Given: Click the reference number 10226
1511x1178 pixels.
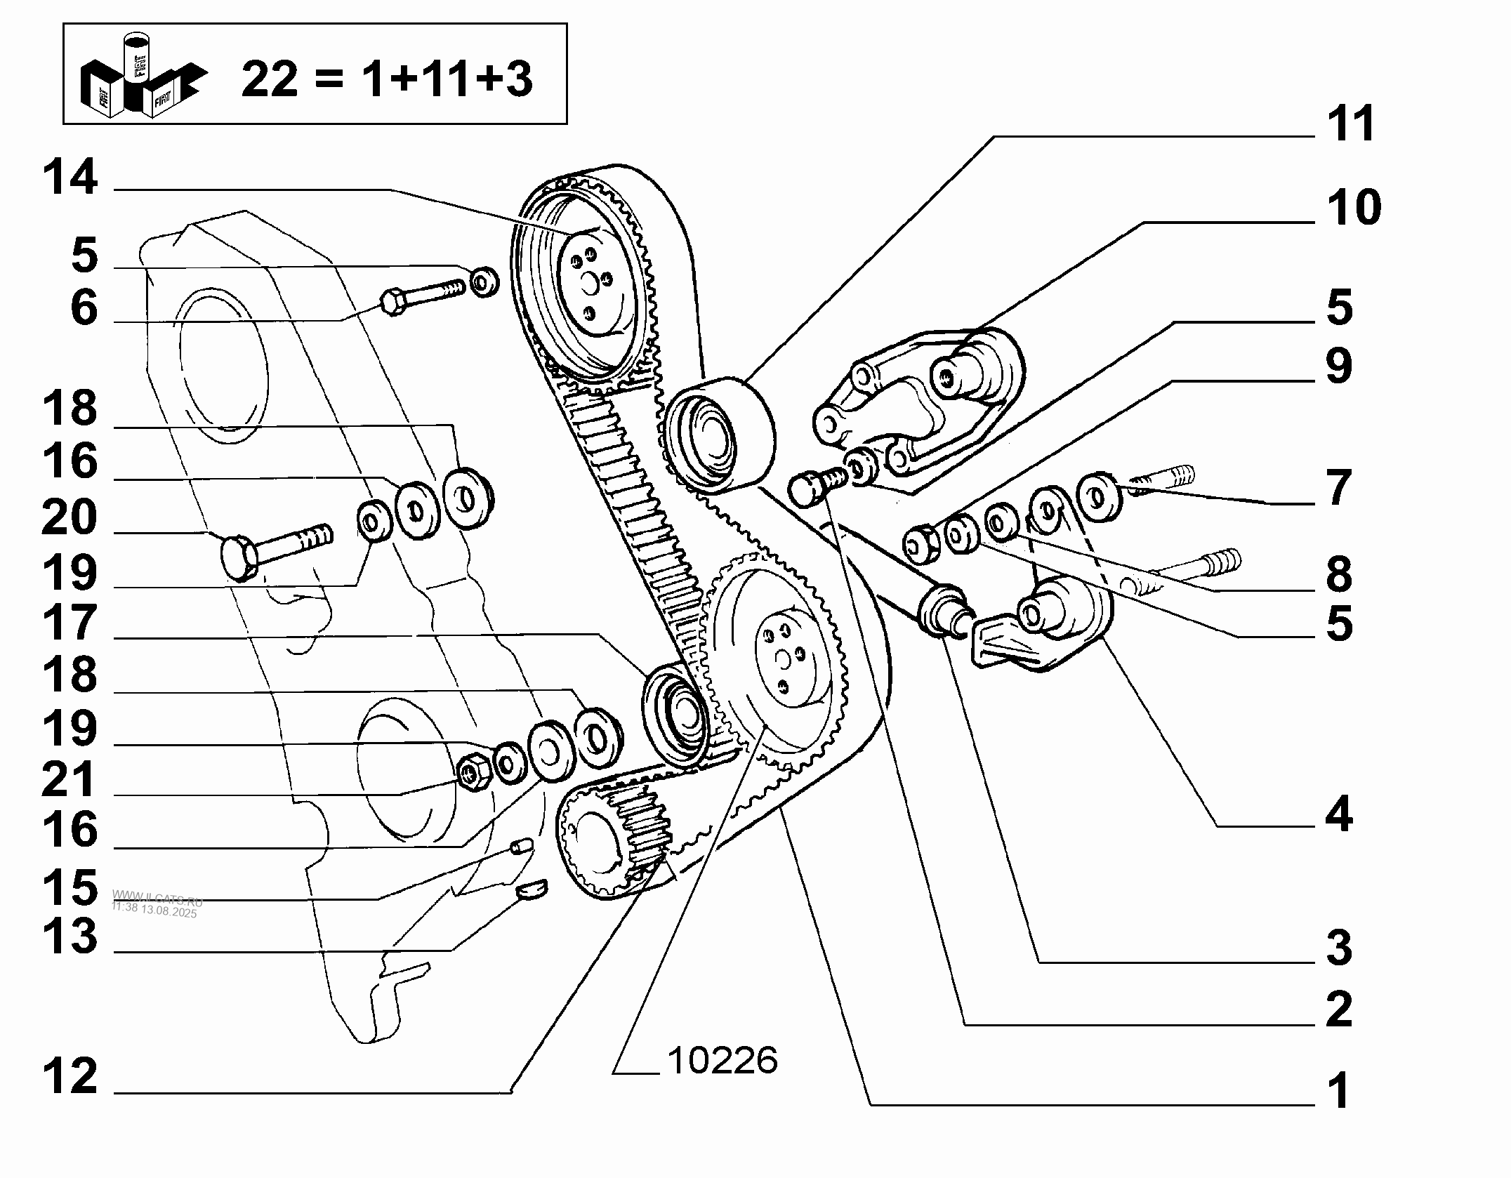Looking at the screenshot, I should (722, 1060).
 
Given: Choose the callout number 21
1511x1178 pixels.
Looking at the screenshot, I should (69, 779).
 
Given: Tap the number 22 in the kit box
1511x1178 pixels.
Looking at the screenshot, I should (270, 79).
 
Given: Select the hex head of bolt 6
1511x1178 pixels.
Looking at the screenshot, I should (392, 303).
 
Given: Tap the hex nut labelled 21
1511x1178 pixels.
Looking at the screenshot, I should (470, 772).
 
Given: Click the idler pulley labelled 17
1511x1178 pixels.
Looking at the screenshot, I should (674, 716).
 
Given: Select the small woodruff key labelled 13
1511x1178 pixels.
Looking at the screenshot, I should (532, 890).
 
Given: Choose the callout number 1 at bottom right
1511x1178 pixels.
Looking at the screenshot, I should (1339, 1091).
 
